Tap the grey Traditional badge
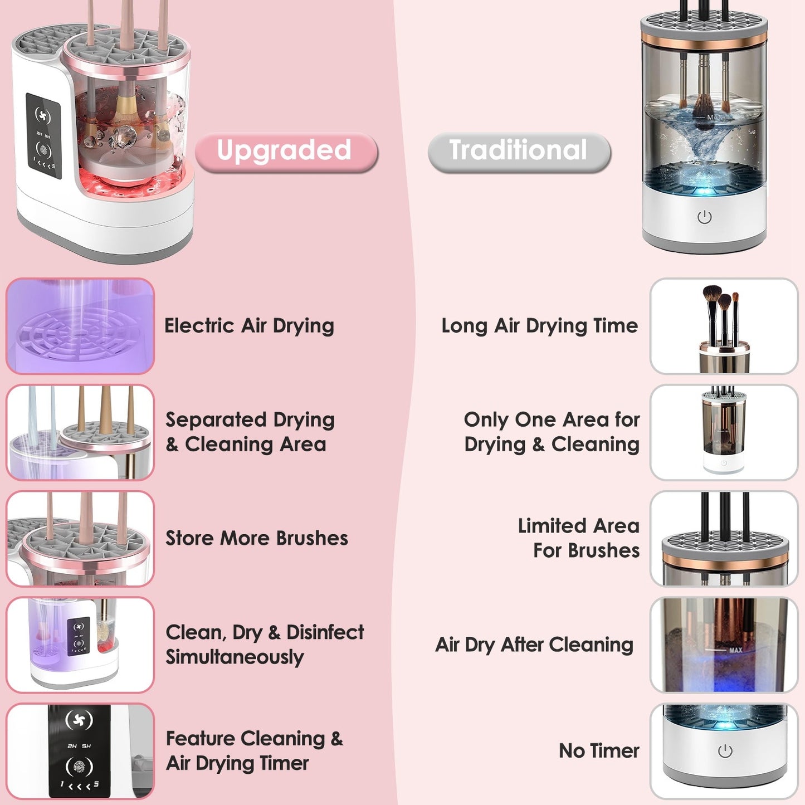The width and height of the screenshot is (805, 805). point(519,152)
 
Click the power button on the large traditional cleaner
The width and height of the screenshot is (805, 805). point(704,217)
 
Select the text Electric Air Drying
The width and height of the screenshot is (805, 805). point(249,326)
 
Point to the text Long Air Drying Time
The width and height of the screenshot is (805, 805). point(539,326)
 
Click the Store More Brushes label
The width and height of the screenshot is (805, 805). point(257,538)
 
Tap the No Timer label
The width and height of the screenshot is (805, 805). point(599,751)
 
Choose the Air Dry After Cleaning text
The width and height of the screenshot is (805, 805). point(534,645)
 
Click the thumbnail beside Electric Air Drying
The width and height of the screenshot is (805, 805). point(80,326)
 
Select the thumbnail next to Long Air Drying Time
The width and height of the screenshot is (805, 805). point(724,326)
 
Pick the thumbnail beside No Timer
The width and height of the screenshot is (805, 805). point(724,751)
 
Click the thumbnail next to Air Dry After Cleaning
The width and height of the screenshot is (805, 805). point(724,645)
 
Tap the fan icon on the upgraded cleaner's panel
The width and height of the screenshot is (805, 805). point(43,115)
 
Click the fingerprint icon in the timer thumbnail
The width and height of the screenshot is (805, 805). point(79,767)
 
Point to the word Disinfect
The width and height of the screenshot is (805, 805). point(325,633)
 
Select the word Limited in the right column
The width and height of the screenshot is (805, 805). point(551,526)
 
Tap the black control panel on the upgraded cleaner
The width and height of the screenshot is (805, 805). point(43,136)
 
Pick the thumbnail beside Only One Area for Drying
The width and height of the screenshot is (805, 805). point(724,432)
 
